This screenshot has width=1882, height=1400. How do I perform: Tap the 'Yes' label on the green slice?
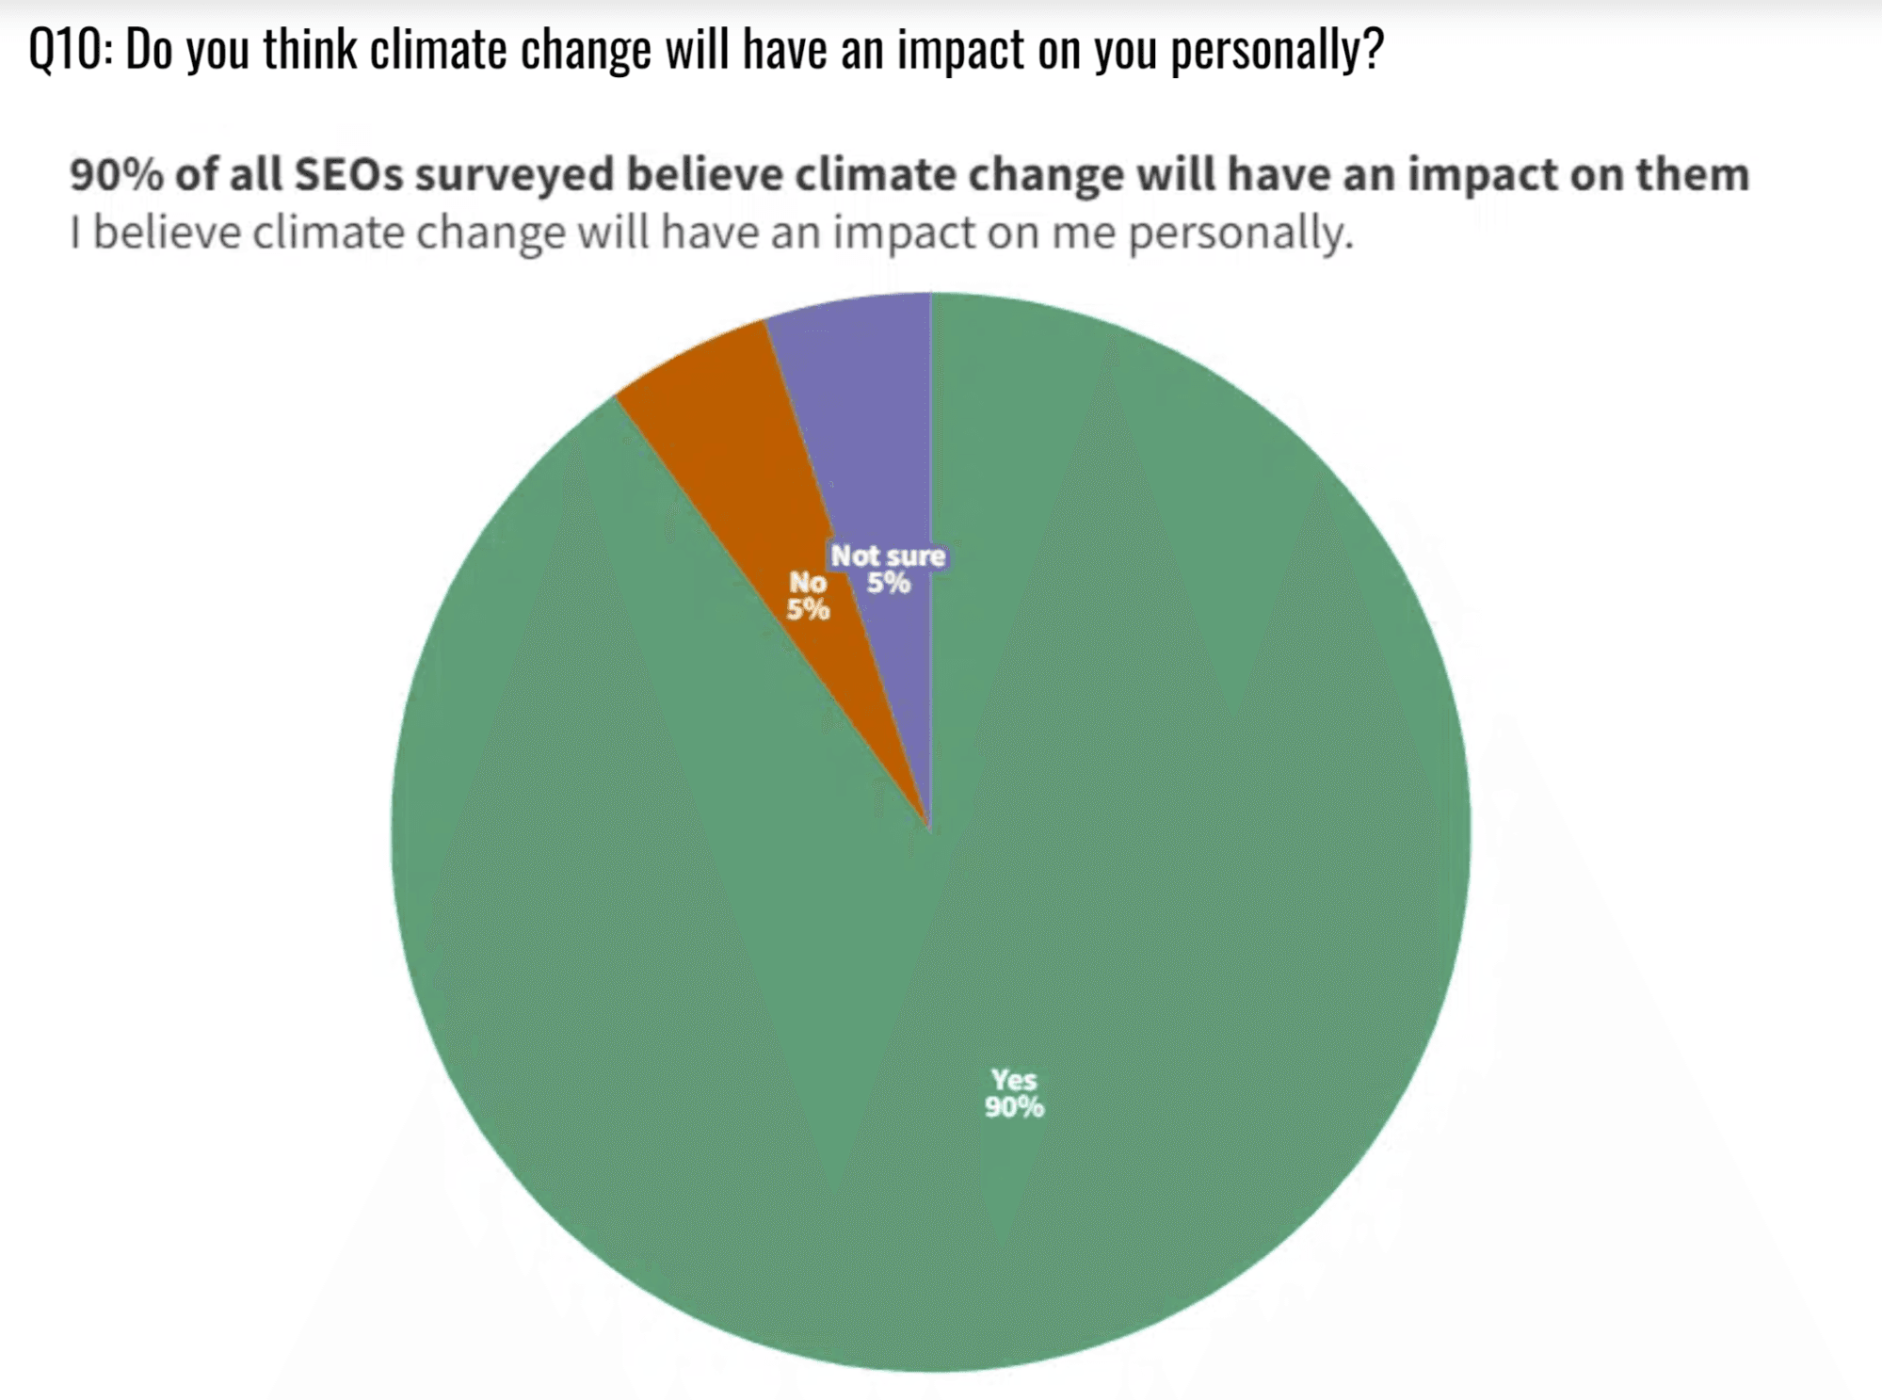tap(1013, 1079)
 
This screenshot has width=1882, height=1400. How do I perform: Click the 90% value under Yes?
tap(1014, 1107)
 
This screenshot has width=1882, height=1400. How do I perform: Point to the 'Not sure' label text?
tap(888, 555)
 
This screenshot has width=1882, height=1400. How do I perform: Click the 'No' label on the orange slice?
tap(808, 582)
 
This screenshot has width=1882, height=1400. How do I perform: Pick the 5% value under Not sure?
tap(889, 583)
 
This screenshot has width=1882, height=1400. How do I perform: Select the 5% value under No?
tap(808, 609)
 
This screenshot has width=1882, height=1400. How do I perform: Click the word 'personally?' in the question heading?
tap(1277, 49)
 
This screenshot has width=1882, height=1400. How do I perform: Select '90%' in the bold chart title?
tap(116, 174)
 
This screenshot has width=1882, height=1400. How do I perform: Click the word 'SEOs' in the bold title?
tap(347, 174)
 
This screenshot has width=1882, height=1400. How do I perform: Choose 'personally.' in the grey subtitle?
tap(1240, 233)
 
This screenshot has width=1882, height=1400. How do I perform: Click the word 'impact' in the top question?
tap(960, 49)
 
